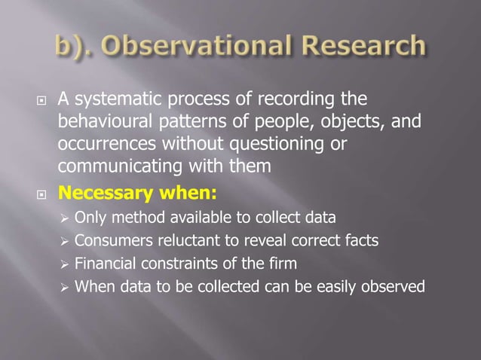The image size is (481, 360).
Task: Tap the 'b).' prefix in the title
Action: click(x=76, y=47)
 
